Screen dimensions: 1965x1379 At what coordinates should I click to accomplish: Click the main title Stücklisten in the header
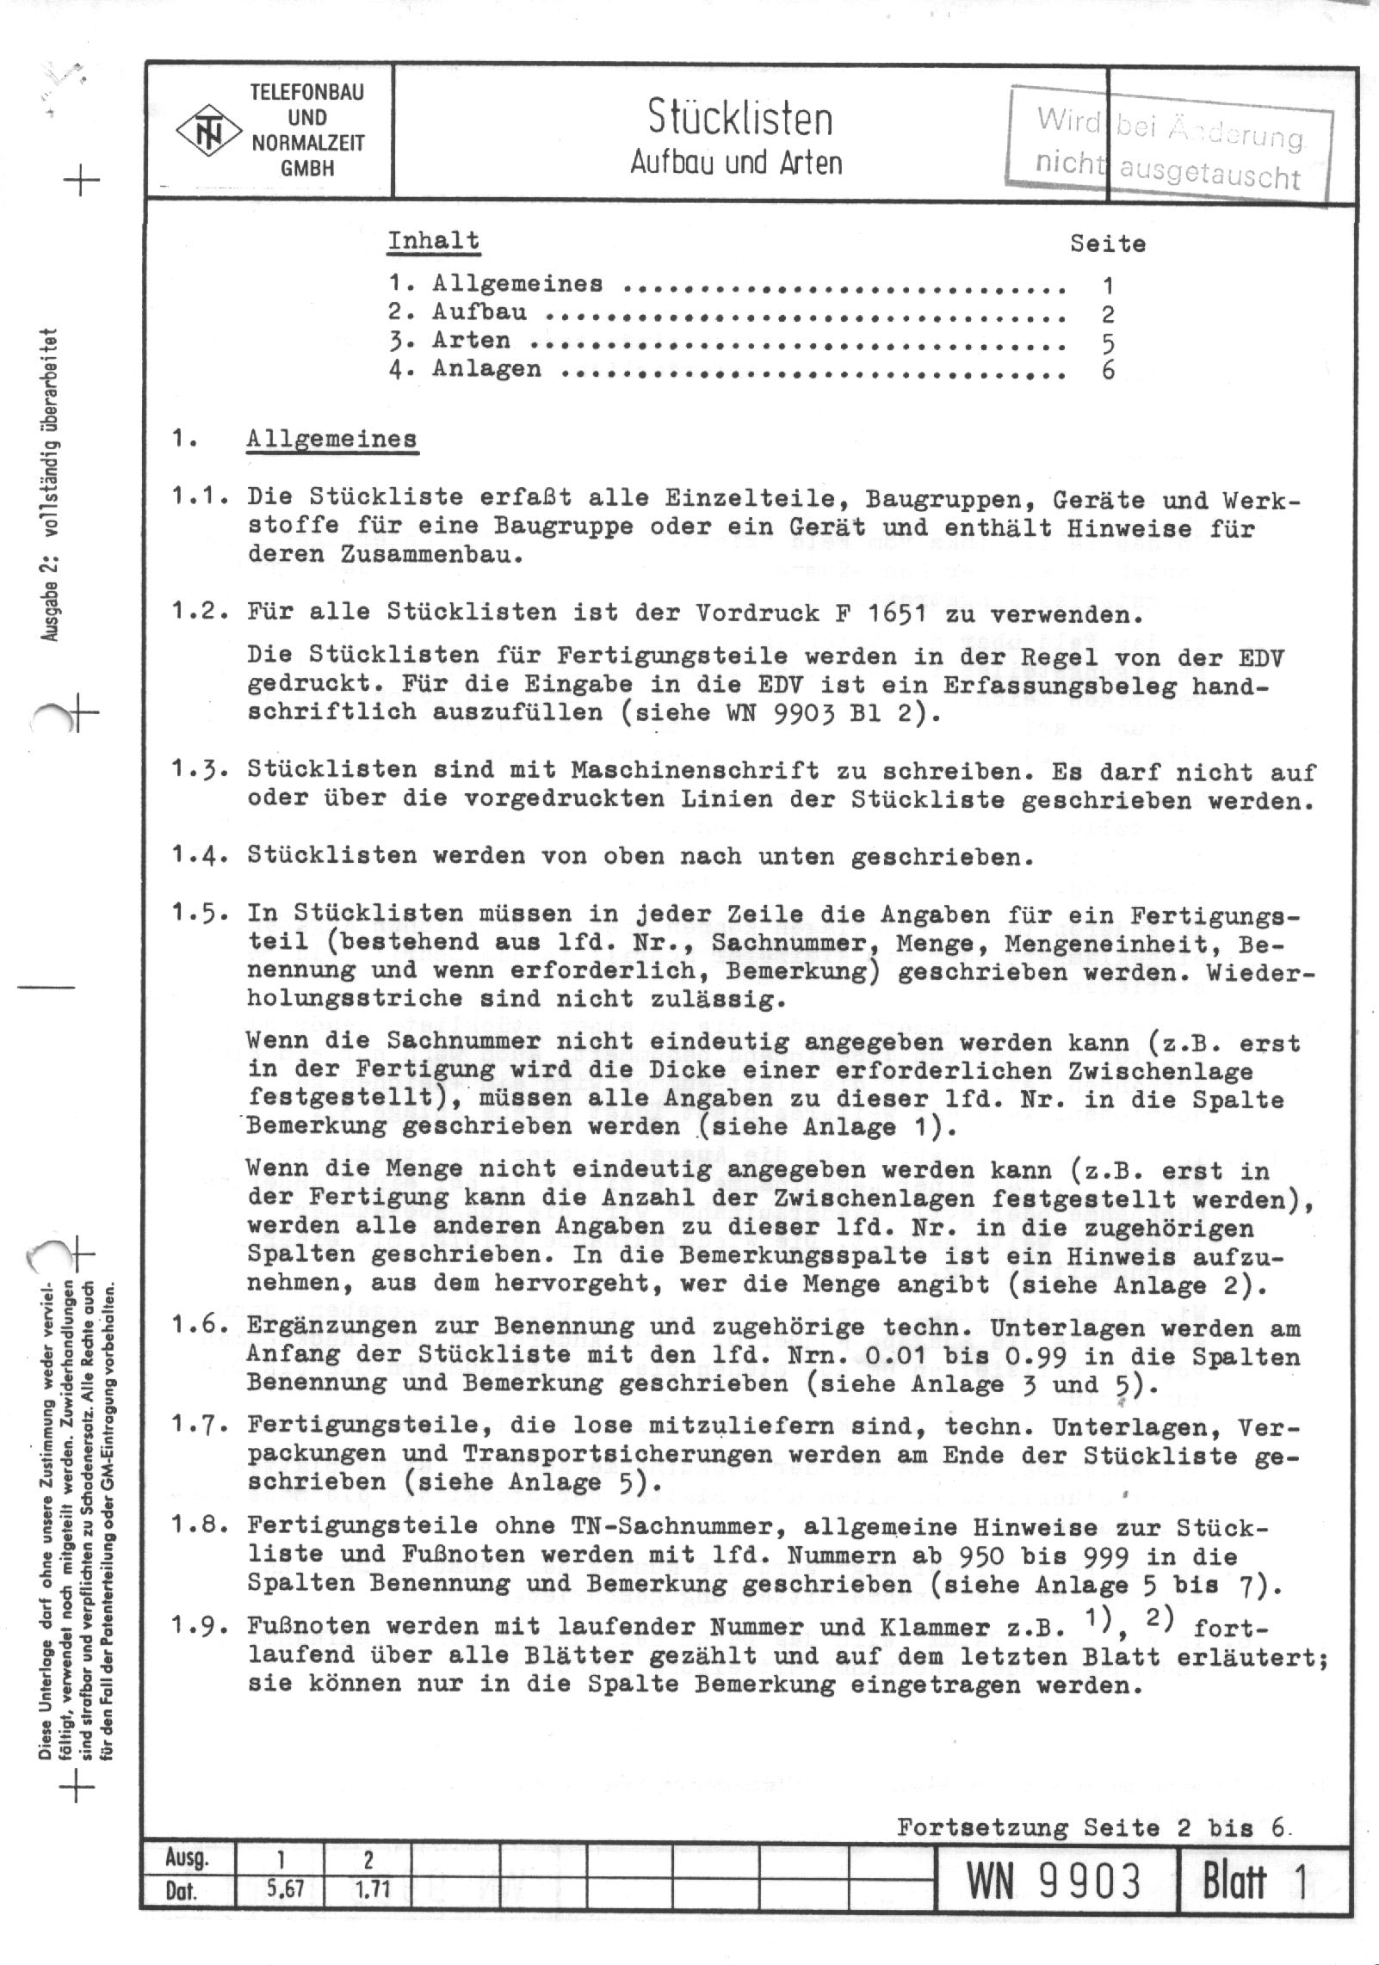[739, 119]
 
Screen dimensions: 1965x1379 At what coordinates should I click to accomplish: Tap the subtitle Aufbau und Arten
[736, 162]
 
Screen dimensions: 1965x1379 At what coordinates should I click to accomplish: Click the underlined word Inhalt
[433, 241]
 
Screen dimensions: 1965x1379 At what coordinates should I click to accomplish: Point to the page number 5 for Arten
[1108, 342]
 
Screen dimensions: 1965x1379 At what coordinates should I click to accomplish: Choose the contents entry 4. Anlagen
[465, 370]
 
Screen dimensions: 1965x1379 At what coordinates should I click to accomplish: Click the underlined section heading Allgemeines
[331, 439]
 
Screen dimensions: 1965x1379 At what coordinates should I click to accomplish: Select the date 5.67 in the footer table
[280, 1893]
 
